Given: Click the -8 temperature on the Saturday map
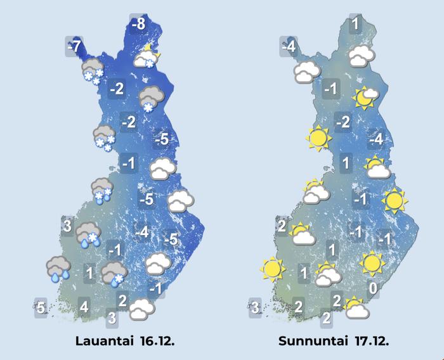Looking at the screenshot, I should click(x=138, y=25).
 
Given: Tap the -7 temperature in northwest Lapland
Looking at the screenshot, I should click(x=74, y=46).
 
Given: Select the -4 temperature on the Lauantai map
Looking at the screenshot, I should click(x=143, y=233).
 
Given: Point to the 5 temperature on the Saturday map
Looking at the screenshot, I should click(x=40, y=309).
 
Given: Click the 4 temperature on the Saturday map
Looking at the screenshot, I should click(x=83, y=309).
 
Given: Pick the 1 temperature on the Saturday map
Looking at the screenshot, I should click(x=90, y=273).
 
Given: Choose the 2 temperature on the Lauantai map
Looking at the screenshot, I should click(x=123, y=300).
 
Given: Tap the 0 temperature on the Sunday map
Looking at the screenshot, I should click(x=374, y=289).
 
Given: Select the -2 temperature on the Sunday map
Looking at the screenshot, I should click(x=343, y=122).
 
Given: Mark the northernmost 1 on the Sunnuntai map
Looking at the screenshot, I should click(x=355, y=25).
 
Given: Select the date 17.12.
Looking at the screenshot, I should click(x=369, y=341).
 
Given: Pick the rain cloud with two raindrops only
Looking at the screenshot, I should click(x=58, y=268).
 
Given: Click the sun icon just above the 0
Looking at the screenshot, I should click(x=371, y=262).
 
